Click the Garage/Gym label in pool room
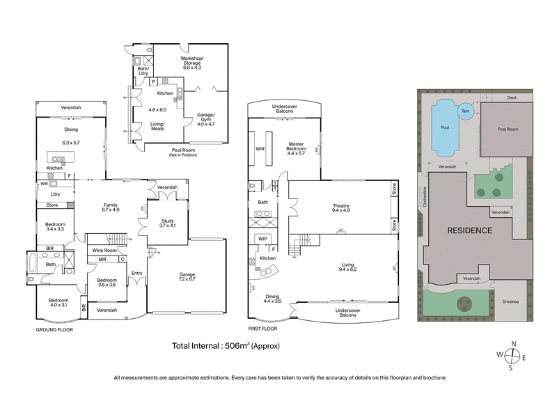205,116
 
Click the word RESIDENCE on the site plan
469,230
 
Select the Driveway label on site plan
512,301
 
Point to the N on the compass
513,344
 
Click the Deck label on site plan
512,97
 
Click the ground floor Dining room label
71,129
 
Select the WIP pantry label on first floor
262,239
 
